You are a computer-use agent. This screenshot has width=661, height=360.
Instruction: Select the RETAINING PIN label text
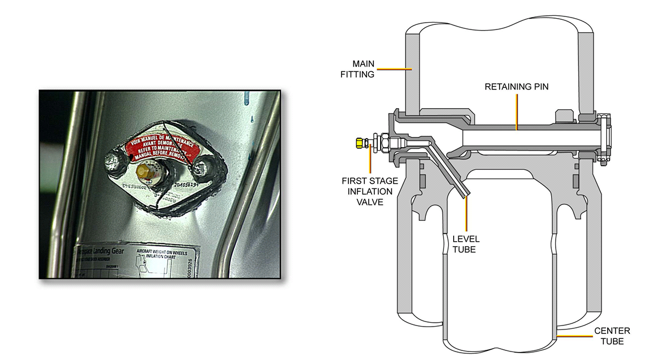[516, 87]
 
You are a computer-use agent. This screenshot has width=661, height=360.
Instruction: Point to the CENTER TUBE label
[612, 336]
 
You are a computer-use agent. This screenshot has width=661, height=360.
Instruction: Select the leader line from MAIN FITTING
[394, 70]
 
